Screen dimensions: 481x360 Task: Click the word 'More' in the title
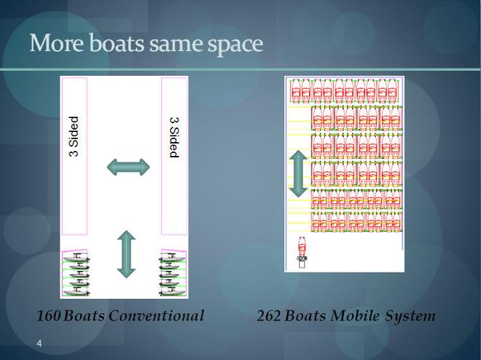(x=56, y=42)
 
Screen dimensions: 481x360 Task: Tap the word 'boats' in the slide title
(x=117, y=42)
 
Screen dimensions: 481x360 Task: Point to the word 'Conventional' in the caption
(x=157, y=316)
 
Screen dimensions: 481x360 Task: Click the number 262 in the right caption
(x=269, y=316)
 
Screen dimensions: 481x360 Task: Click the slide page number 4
(x=39, y=343)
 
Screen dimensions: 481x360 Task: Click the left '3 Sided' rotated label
(x=74, y=136)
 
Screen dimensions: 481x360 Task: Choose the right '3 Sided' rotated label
(x=174, y=138)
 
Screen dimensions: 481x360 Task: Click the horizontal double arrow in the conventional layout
(x=128, y=167)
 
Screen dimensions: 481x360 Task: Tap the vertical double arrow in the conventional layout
(x=126, y=254)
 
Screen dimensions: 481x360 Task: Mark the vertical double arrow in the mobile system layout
(x=298, y=174)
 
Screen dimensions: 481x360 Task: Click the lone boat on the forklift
(x=302, y=249)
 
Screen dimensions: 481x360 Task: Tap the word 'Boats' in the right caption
(x=305, y=316)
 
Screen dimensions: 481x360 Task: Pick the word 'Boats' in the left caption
(x=85, y=316)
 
